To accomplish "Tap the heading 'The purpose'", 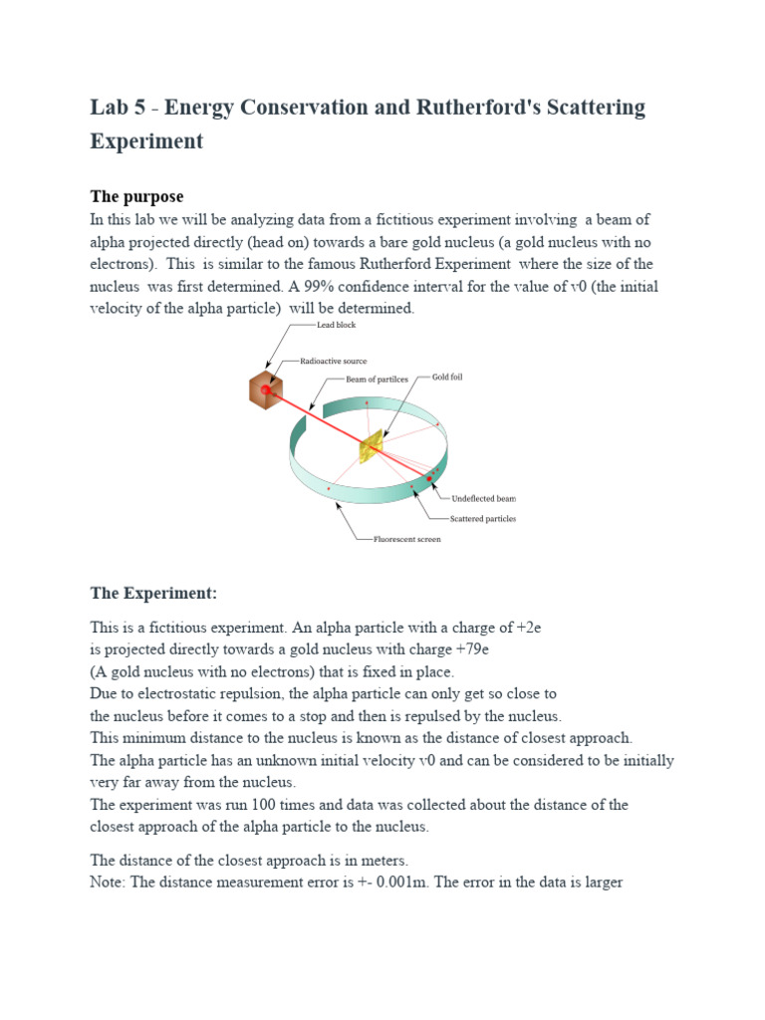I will pyautogui.click(x=137, y=196).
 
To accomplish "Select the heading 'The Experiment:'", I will pyautogui.click(x=152, y=593).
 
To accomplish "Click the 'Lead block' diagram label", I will pyautogui.click(x=336, y=325).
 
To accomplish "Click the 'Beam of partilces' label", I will pyautogui.click(x=381, y=379).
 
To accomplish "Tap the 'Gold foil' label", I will pyautogui.click(x=447, y=378).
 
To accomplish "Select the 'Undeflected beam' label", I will pyautogui.click(x=484, y=498).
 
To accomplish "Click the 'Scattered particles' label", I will pyautogui.click(x=484, y=519).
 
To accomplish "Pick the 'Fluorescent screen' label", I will pyautogui.click(x=406, y=539).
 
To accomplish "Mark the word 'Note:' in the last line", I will pyautogui.click(x=110, y=882).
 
